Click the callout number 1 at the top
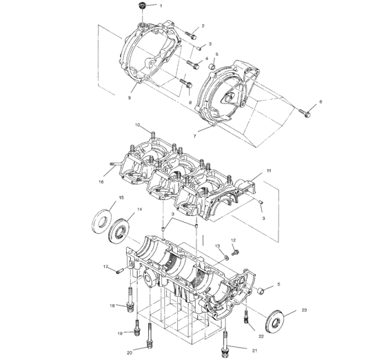click(161, 6)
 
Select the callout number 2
click(203, 26)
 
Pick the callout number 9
click(129, 98)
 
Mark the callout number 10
click(138, 125)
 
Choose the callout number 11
click(270, 170)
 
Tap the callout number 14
click(139, 209)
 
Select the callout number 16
click(101, 182)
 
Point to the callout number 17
click(105, 267)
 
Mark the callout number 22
click(261, 336)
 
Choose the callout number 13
click(216, 246)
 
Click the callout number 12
click(233, 240)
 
